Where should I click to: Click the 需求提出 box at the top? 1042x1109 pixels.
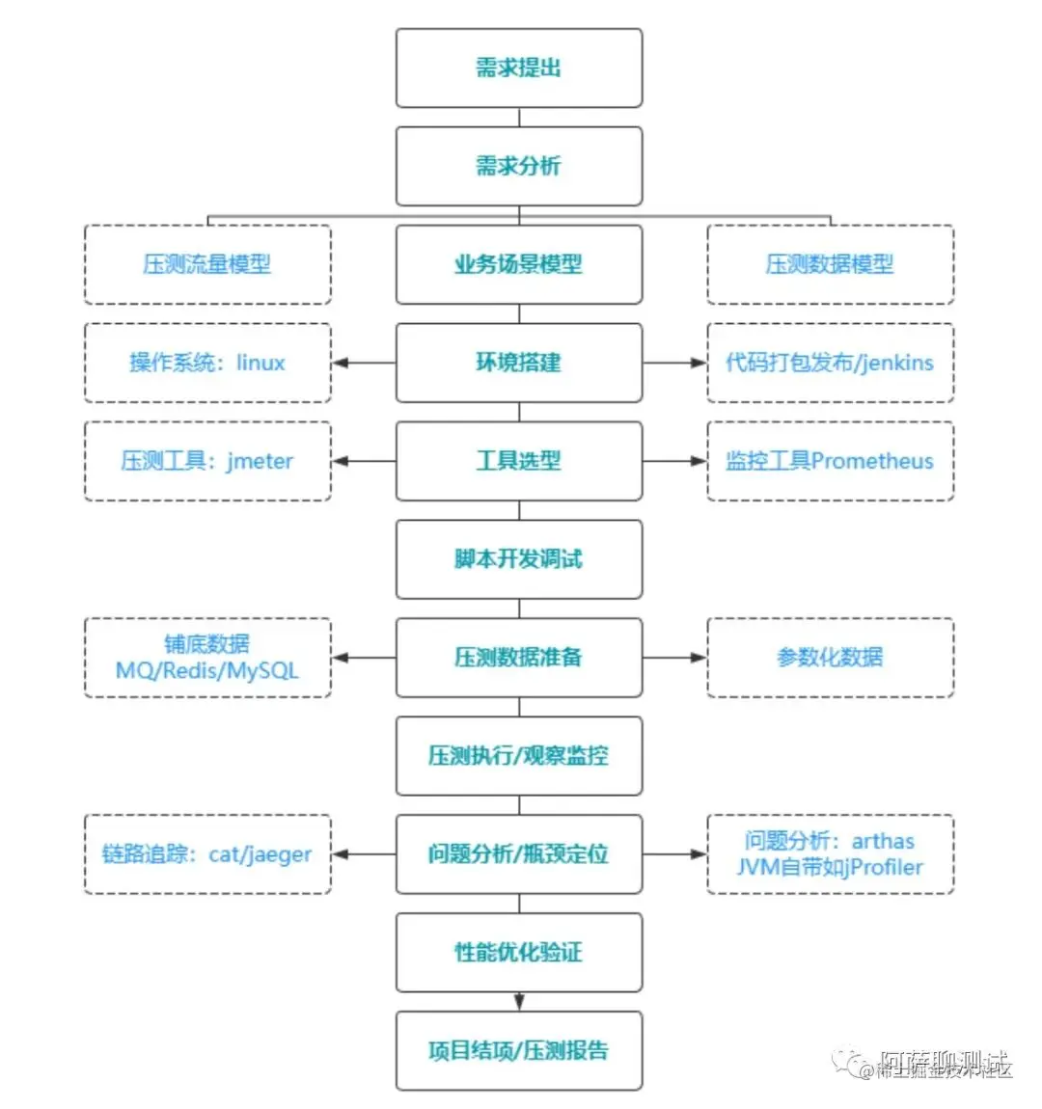pyautogui.click(x=518, y=68)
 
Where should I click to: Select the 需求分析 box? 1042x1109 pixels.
pyautogui.click(x=518, y=166)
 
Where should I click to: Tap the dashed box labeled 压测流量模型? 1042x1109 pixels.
pyautogui.click(x=207, y=264)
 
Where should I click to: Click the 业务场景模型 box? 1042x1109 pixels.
pyautogui.click(x=518, y=264)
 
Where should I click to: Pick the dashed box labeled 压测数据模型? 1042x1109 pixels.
pyautogui.click(x=830, y=264)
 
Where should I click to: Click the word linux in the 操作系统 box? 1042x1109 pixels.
pyautogui.click(x=260, y=363)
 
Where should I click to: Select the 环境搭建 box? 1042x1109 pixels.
pyautogui.click(x=518, y=363)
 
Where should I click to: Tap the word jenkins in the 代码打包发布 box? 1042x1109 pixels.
pyautogui.click(x=896, y=363)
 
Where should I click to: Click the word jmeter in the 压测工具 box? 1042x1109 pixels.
pyautogui.click(x=260, y=461)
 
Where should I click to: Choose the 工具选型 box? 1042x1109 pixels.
pyautogui.click(x=518, y=461)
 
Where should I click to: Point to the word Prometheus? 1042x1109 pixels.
pyautogui.click(x=872, y=461)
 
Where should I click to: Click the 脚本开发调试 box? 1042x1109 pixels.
pyautogui.click(x=518, y=559)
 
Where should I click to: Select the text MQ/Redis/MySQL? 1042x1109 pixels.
pyautogui.click(x=207, y=670)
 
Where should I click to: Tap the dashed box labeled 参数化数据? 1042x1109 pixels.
pyautogui.click(x=830, y=658)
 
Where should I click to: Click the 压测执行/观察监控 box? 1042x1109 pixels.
pyautogui.click(x=518, y=756)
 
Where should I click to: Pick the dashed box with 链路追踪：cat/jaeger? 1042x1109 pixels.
pyautogui.click(x=207, y=854)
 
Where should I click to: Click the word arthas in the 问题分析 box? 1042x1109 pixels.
pyautogui.click(x=882, y=841)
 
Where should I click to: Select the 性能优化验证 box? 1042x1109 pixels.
pyautogui.click(x=518, y=953)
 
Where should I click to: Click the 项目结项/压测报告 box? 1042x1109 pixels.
pyautogui.click(x=518, y=1051)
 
